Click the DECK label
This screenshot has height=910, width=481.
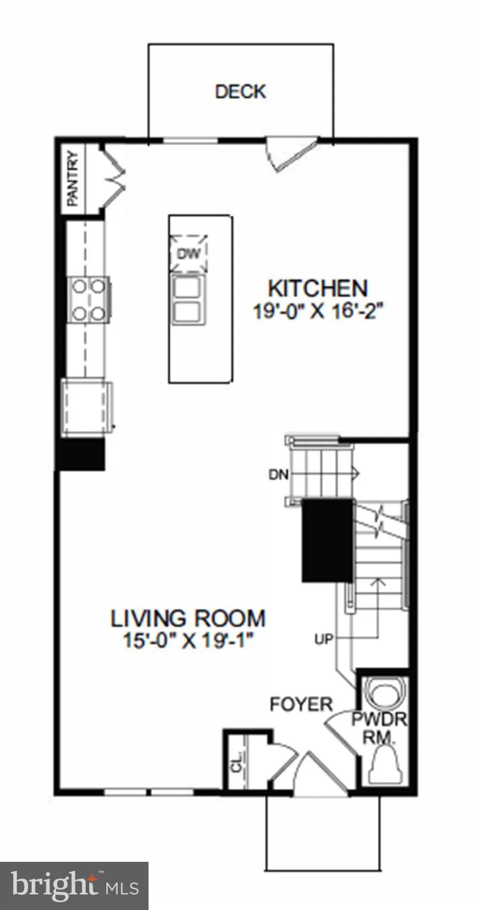click(x=240, y=92)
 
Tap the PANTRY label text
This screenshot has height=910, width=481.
click(x=73, y=178)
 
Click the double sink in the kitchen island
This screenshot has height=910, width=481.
click(x=188, y=299)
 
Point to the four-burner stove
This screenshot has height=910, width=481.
click(x=89, y=300)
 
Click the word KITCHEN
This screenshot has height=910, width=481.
click(x=318, y=288)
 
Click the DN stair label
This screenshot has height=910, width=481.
click(x=279, y=475)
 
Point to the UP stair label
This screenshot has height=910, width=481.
click(x=324, y=639)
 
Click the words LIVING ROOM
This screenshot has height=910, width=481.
click(x=188, y=618)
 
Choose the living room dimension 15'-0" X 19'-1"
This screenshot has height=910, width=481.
click(x=188, y=640)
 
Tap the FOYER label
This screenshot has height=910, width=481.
click(x=301, y=704)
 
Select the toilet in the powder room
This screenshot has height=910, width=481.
click(x=384, y=765)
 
